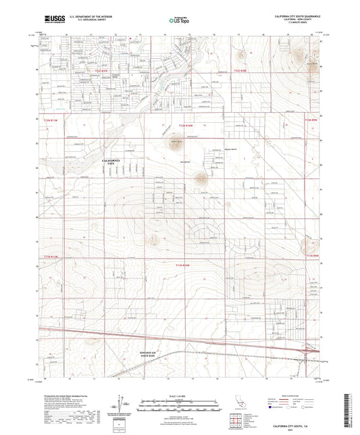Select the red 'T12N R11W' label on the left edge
51,119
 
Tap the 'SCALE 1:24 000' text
180,396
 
